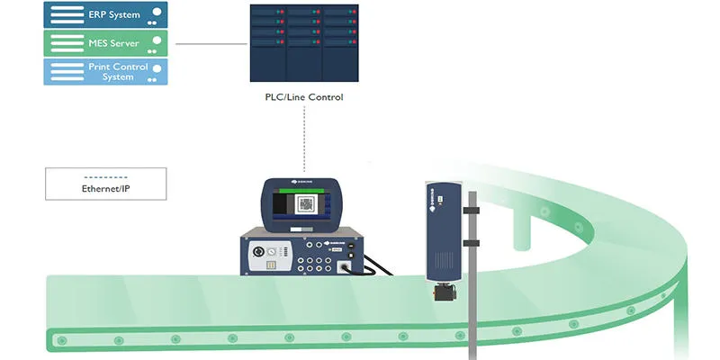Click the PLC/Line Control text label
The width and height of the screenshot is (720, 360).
point(306,96)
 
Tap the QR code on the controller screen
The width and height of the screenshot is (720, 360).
point(306,205)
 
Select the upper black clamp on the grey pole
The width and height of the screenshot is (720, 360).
point(471,211)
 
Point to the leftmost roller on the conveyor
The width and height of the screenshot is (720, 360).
point(61,340)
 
